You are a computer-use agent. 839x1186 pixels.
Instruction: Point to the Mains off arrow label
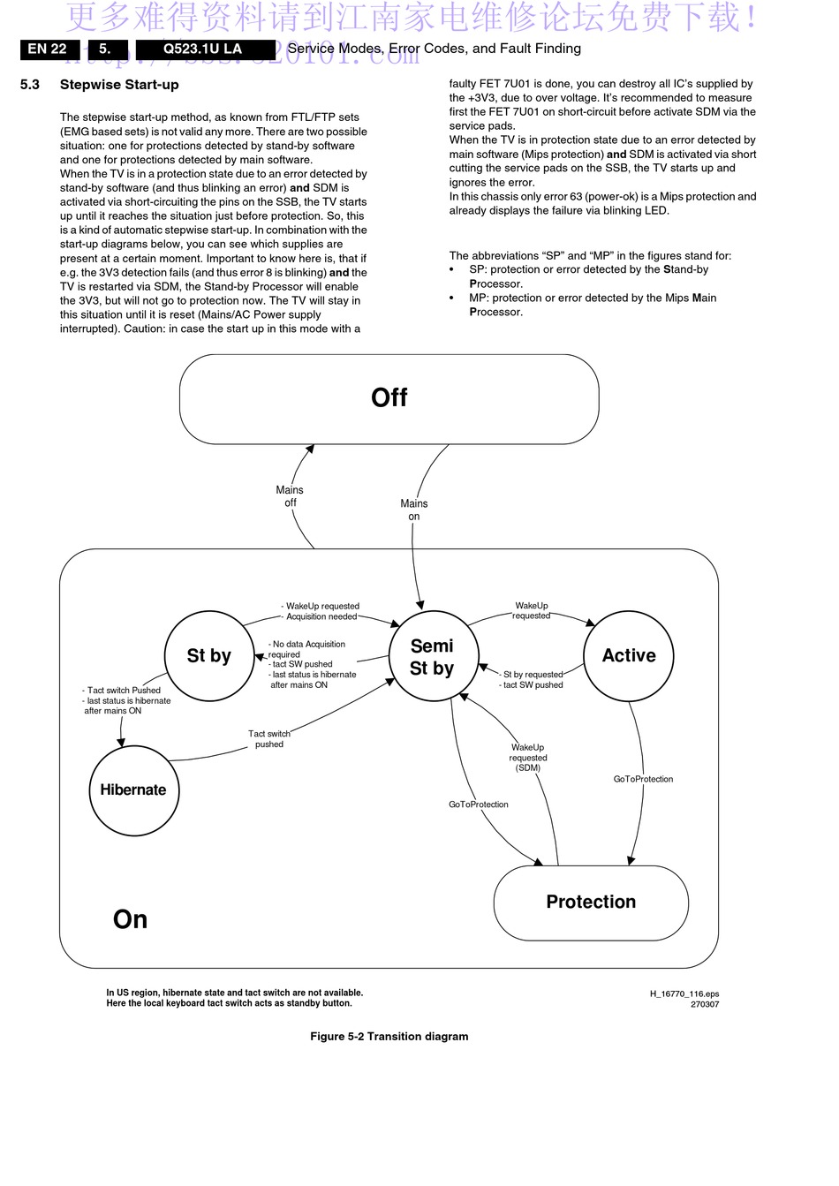[290, 496]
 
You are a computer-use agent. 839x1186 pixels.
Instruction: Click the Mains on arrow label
[414, 510]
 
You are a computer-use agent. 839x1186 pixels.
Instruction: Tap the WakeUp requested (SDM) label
[528, 757]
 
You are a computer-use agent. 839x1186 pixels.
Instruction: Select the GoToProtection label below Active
[643, 779]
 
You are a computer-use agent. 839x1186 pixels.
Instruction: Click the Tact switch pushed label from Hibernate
[269, 738]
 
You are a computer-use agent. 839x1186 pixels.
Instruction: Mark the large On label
[130, 919]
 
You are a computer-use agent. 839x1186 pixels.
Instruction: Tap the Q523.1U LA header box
[206, 49]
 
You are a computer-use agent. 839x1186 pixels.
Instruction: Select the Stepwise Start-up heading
[119, 85]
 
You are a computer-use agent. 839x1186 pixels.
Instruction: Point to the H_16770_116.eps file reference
[684, 993]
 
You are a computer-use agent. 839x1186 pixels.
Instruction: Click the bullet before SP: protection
[451, 270]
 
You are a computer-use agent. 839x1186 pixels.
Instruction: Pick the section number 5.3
[30, 85]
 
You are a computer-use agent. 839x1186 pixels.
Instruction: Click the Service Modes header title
[434, 49]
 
